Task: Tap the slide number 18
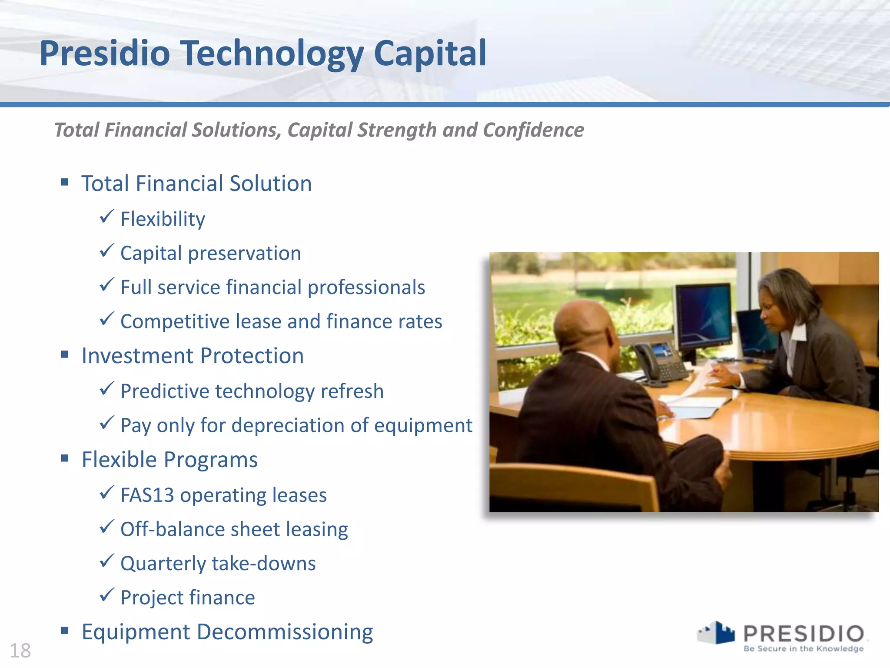(20, 651)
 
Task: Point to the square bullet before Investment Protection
(65, 355)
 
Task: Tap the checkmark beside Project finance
(106, 595)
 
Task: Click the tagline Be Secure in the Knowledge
(803, 649)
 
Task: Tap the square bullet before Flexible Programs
(65, 458)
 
